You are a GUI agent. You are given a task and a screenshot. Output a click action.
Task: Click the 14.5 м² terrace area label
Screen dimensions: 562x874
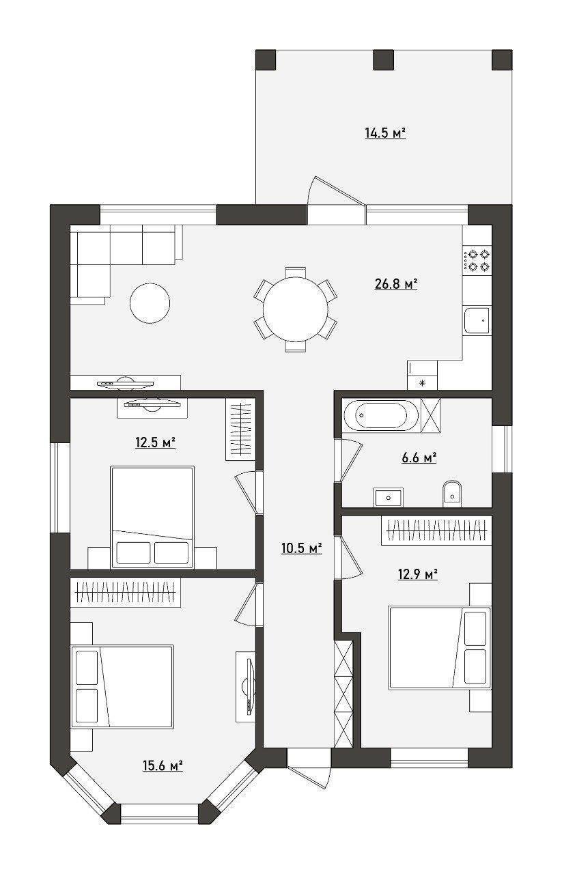pyautogui.click(x=386, y=133)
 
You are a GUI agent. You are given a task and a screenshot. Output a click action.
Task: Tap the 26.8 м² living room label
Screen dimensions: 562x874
pyautogui.click(x=396, y=284)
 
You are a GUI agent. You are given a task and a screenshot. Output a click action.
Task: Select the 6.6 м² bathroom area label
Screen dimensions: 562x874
pyautogui.click(x=419, y=457)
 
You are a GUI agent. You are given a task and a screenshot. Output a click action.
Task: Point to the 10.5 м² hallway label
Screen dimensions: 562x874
pyautogui.click(x=302, y=548)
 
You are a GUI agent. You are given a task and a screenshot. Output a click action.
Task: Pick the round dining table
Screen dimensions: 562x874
pyautogui.click(x=296, y=309)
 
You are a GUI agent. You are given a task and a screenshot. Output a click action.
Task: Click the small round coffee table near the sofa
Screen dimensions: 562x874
pyautogui.click(x=150, y=302)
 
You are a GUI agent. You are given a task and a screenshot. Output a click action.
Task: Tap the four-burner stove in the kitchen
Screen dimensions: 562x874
pyautogui.click(x=477, y=260)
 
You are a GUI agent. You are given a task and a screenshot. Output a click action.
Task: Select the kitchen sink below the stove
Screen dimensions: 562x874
pyautogui.click(x=477, y=320)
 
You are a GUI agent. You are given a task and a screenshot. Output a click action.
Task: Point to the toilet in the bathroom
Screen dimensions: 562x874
pyautogui.click(x=452, y=493)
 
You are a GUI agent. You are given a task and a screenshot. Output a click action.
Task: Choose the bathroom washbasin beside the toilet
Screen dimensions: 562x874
pyautogui.click(x=389, y=497)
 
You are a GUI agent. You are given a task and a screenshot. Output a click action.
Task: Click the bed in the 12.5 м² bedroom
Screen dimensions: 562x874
pyautogui.click(x=152, y=517)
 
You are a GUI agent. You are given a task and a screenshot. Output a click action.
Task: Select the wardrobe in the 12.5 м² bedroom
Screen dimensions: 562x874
pyautogui.click(x=240, y=429)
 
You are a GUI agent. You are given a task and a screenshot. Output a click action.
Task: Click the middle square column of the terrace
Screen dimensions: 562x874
pyautogui.click(x=384, y=59)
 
